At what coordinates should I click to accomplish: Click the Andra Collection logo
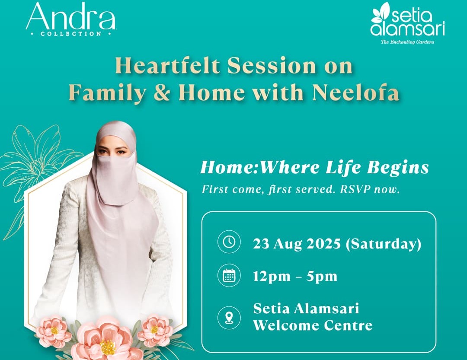[71, 19]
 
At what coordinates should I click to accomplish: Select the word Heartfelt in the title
[167, 65]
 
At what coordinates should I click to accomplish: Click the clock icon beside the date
[229, 242]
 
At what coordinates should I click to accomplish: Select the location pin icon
[229, 317]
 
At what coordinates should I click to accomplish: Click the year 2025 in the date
[323, 244]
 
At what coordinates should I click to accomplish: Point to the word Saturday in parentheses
[384, 244]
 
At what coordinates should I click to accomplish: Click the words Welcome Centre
[313, 325]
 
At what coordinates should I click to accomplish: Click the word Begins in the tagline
[398, 168]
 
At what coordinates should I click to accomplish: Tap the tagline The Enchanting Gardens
[407, 42]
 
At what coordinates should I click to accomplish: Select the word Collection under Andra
[71, 34]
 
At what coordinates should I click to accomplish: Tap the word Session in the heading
[272, 65]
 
